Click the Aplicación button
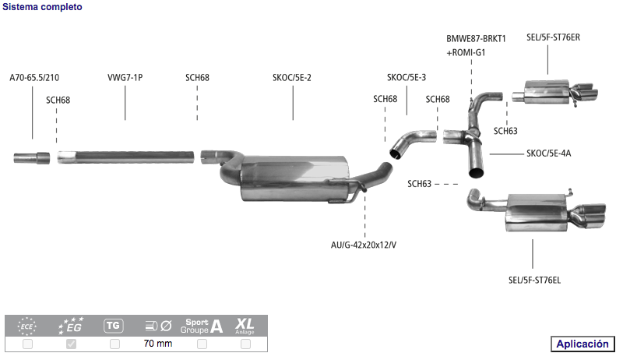pyautogui.click(x=583, y=344)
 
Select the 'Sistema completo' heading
pyautogui.click(x=42, y=7)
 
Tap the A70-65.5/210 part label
pyautogui.click(x=34, y=77)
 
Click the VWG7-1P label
pyautogui.click(x=125, y=77)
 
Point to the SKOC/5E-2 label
pyautogui.click(x=292, y=77)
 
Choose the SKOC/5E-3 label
pyautogui.click(x=407, y=77)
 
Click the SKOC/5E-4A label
pyautogui.click(x=549, y=153)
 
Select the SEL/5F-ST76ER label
pyautogui.click(x=553, y=37)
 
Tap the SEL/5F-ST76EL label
pyautogui.click(x=534, y=281)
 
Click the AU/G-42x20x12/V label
pyautogui.click(x=364, y=245)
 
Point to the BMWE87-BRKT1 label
pyautogui.click(x=476, y=38)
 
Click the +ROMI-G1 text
pyautogui.click(x=466, y=52)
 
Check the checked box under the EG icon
pyautogui.click(x=71, y=344)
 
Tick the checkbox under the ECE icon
pyautogui.click(x=27, y=344)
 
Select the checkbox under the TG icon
pyautogui.click(x=114, y=344)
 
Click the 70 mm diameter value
pyautogui.click(x=158, y=344)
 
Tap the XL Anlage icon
pyautogui.click(x=245, y=326)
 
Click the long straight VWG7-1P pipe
pyautogui.click(x=126, y=157)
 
